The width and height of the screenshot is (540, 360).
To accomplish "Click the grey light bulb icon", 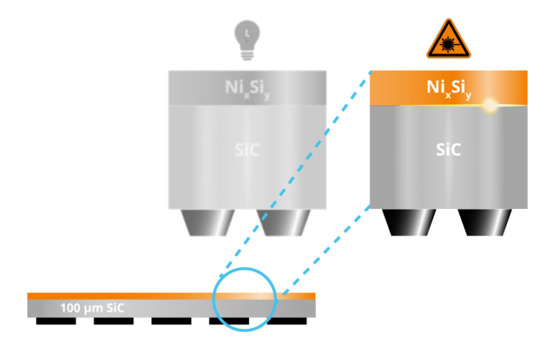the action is (x=247, y=40).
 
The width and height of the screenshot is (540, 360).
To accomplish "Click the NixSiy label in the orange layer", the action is (x=449, y=89).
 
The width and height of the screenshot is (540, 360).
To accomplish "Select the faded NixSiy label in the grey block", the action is (x=247, y=89).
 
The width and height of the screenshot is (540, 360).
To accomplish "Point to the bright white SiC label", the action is (x=449, y=150).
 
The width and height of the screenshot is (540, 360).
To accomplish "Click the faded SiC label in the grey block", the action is (x=247, y=150).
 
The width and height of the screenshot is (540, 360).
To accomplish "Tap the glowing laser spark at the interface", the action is (x=489, y=105).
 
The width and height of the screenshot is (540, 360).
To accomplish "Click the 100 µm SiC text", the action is (x=92, y=308).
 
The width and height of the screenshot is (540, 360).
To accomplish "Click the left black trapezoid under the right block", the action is (x=409, y=223).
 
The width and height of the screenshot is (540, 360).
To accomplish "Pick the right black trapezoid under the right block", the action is (x=484, y=223).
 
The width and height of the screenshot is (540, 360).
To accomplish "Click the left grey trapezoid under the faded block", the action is (x=207, y=223).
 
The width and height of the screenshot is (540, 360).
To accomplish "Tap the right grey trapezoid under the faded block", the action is (x=283, y=223).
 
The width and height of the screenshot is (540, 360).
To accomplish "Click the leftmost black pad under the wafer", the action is (x=56, y=321).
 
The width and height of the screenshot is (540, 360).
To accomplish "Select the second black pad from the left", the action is (x=114, y=321).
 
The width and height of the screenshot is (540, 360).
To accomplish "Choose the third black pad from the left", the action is (x=172, y=321).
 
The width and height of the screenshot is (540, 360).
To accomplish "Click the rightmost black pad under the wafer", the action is (x=287, y=321).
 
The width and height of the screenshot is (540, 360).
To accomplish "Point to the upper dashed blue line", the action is (x=295, y=174).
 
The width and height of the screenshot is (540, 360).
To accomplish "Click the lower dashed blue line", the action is (x=326, y=251).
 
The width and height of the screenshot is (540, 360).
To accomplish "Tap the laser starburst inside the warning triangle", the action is (x=447, y=44).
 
